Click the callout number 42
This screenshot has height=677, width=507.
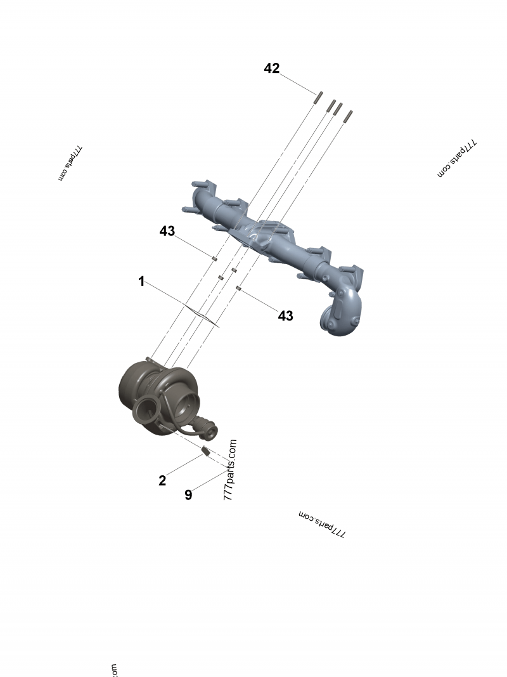click(272, 69)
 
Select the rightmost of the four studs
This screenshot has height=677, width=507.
click(349, 115)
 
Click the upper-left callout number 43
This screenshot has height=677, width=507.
click(167, 232)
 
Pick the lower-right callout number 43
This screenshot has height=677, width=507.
click(286, 315)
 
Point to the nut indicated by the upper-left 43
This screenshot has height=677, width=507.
click(214, 258)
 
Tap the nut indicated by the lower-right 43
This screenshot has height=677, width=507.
click(239, 289)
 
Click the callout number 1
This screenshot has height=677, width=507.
click(142, 281)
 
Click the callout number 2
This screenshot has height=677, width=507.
click(162, 481)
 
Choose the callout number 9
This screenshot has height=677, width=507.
click(188, 495)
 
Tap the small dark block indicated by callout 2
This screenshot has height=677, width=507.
click(205, 452)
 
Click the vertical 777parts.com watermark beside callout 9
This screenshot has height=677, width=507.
click(229, 470)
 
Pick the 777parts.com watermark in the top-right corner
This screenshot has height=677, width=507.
click(457, 159)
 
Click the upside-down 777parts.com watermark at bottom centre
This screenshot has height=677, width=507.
click(322, 524)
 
